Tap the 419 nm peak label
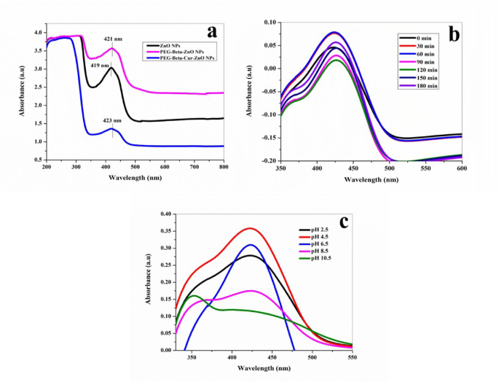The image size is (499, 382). (x=99, y=66)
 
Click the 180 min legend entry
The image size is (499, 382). (x=416, y=87)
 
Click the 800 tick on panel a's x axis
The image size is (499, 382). (x=224, y=168)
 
